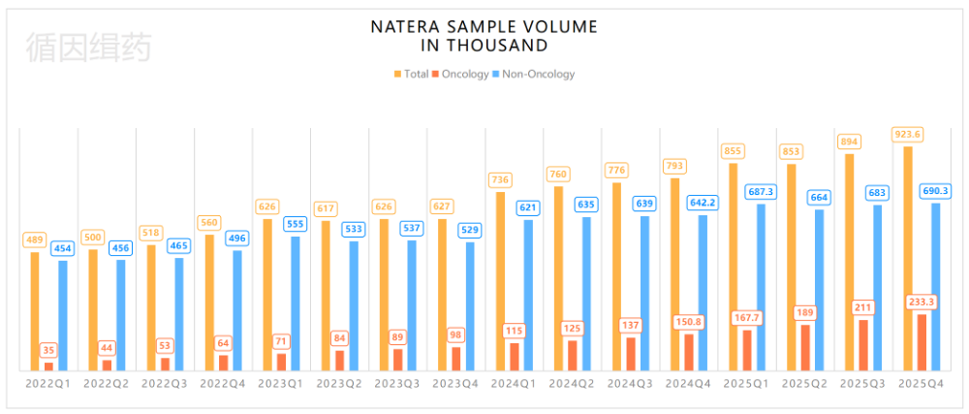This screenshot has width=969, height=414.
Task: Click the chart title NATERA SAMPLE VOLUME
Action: pyautogui.click(x=484, y=26)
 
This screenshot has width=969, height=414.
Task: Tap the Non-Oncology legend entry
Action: pyautogui.click(x=534, y=74)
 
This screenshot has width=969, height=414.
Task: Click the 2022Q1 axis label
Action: pyautogui.click(x=48, y=384)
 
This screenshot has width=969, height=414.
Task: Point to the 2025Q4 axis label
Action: pyautogui.click(x=921, y=384)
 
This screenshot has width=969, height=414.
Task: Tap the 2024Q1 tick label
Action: pyautogui.click(x=514, y=384)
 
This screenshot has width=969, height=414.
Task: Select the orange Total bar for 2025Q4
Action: pyautogui.click(x=908, y=258)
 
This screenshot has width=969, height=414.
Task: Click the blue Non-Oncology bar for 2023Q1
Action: pyautogui.click(x=296, y=303)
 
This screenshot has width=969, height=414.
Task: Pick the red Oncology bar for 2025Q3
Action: pyautogui.click(x=863, y=344)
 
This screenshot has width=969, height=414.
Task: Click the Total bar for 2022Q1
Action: pyautogui.click(x=35, y=311)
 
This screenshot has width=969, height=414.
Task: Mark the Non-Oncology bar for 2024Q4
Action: pyautogui.click(x=703, y=292)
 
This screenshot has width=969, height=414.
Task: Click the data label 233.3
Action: pyautogui.click(x=922, y=302)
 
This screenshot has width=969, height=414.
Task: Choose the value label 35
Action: pyautogui.click(x=48, y=350)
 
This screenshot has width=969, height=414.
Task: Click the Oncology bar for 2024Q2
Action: pyautogui.click(x=573, y=355)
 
